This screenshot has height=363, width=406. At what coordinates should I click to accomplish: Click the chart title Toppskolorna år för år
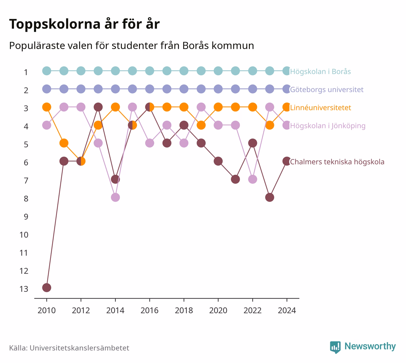click(84, 24)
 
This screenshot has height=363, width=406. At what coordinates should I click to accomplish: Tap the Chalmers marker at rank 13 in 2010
click(47, 288)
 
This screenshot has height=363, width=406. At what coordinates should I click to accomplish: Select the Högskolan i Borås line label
click(320, 71)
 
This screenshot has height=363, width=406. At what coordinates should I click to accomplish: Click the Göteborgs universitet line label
click(327, 89)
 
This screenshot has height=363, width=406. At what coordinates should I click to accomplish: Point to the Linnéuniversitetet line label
click(321, 108)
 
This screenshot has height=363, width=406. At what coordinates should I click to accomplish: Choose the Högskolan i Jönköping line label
click(328, 126)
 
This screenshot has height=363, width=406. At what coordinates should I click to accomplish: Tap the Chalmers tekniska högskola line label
click(337, 162)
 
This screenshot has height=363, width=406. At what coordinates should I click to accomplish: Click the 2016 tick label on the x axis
click(149, 311)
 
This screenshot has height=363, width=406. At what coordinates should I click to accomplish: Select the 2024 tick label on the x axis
click(287, 311)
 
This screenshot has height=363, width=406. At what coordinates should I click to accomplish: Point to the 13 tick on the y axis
click(24, 289)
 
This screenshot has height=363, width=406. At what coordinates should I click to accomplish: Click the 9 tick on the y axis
click(26, 217)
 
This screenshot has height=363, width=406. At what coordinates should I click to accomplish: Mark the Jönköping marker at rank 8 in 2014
click(115, 198)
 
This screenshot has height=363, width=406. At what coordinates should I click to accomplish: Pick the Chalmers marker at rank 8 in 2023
click(270, 198)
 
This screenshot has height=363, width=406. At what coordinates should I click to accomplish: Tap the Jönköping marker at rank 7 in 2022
click(252, 179)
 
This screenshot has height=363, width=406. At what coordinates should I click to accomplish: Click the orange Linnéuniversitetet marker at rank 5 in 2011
click(64, 143)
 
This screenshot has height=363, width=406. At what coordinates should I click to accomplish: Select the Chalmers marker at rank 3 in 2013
click(98, 107)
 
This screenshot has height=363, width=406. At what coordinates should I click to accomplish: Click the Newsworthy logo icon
click(335, 347)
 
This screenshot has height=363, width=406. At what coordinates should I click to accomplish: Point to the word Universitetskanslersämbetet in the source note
click(79, 348)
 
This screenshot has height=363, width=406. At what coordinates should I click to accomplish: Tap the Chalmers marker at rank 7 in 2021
click(235, 179)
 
